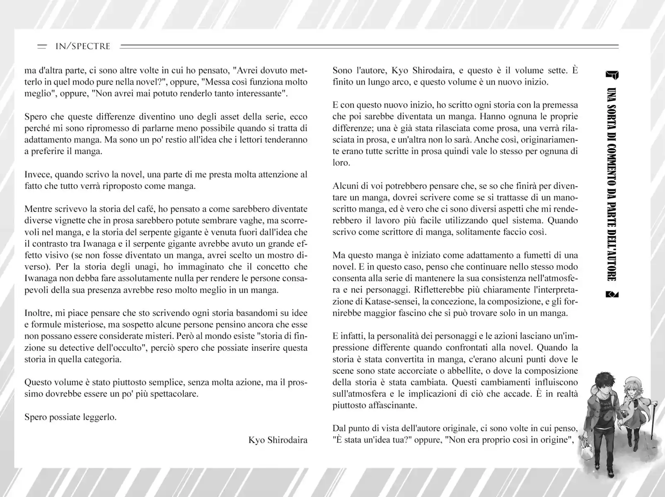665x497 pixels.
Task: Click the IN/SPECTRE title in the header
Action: click(x=82, y=46)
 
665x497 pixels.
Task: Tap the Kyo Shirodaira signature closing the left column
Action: click(x=278, y=440)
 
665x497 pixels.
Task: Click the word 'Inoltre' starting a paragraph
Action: click(x=39, y=313)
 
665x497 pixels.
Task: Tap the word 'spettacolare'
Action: click(x=172, y=393)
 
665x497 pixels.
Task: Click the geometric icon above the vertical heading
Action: click(x=612, y=75)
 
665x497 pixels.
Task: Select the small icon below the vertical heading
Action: click(x=612, y=294)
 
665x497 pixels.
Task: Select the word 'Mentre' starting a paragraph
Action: click(x=38, y=209)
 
